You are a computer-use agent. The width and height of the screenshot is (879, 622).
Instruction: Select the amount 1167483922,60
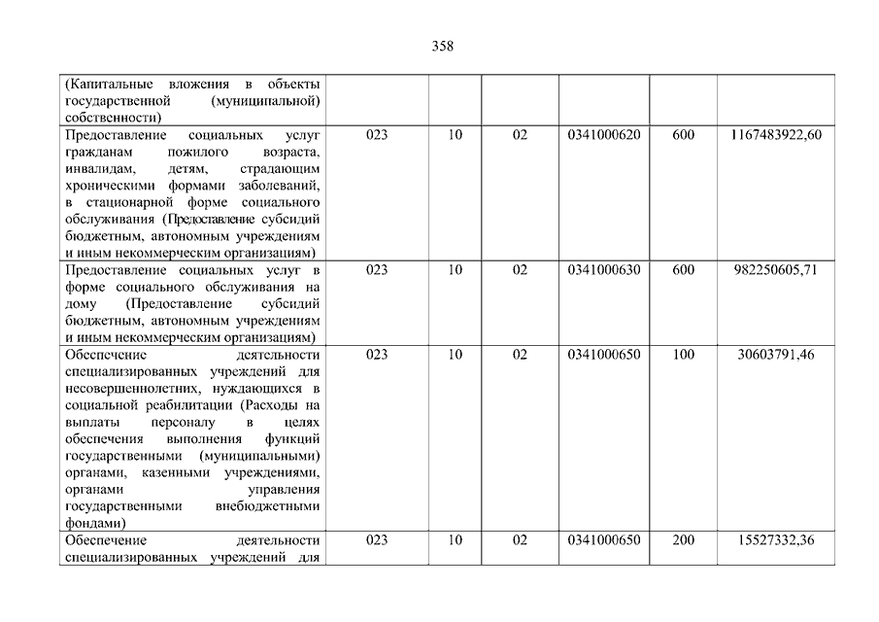[775, 135]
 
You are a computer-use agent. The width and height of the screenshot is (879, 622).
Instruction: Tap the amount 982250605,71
[775, 270]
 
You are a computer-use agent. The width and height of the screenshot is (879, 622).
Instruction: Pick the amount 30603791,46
[775, 355]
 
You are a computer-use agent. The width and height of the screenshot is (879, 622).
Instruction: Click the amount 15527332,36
[775, 540]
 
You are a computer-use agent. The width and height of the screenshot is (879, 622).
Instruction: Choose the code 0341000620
[603, 135]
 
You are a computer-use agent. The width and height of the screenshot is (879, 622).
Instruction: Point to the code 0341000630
[603, 270]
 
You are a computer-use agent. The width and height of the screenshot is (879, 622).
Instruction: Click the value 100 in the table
[683, 355]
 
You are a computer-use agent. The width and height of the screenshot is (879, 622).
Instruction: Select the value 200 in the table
[683, 540]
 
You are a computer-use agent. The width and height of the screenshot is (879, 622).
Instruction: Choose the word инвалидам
[95, 169]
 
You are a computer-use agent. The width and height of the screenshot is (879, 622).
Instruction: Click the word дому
[79, 304]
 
